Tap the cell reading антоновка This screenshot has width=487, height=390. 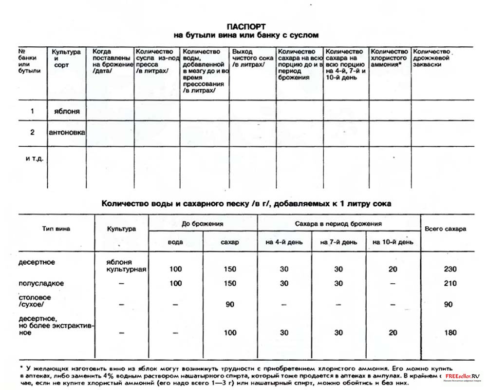(67, 132)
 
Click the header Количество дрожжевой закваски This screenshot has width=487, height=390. (431, 58)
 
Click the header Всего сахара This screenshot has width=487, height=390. (445, 229)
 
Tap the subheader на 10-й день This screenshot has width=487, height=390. (393, 242)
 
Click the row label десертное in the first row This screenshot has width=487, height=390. (37, 262)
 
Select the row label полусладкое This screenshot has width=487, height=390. (41, 283)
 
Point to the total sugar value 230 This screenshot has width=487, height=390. (450, 269)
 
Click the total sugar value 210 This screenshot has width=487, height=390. (450, 283)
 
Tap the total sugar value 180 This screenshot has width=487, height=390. (450, 333)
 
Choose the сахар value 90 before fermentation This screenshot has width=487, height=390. (229, 305)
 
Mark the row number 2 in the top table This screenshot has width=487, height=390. (32, 132)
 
